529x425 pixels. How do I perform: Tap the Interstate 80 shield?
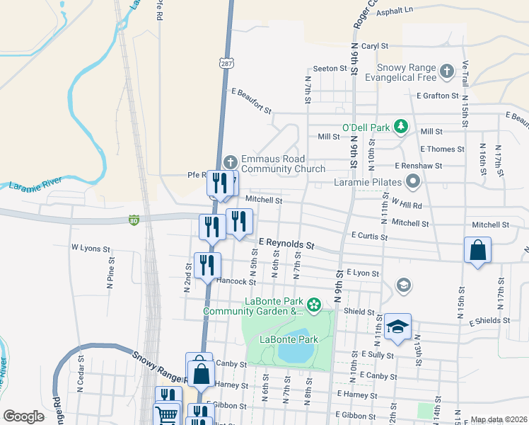click(134, 220)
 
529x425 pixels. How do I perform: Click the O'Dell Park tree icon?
click(401, 127)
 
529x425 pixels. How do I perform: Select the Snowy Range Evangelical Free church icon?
click(446, 71)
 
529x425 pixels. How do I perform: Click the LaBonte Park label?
click(289, 339)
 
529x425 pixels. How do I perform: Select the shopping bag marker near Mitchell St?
click(477, 251)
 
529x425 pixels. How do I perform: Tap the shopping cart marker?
click(167, 415)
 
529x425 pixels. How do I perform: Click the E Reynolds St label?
click(285, 243)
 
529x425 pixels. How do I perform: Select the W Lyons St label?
click(91, 249)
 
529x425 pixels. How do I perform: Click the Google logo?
click(24, 416)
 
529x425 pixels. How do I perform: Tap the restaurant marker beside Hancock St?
click(207, 266)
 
